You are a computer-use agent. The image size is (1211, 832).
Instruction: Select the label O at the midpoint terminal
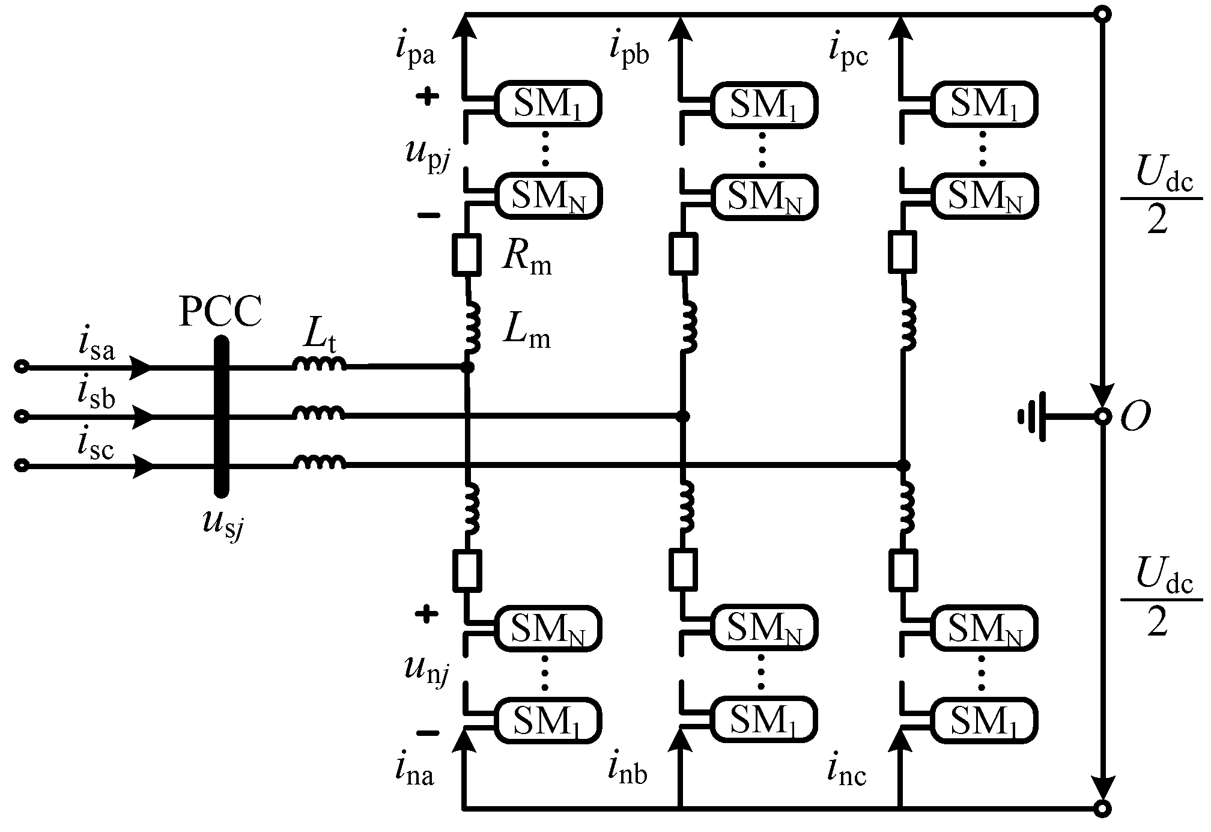1135,417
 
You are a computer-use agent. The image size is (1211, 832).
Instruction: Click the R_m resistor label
526,260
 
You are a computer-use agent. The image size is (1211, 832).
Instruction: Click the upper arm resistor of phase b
683,254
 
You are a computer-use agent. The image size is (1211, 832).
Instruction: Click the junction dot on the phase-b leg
683,416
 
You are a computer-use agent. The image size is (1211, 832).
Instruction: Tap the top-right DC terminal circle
1102,15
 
